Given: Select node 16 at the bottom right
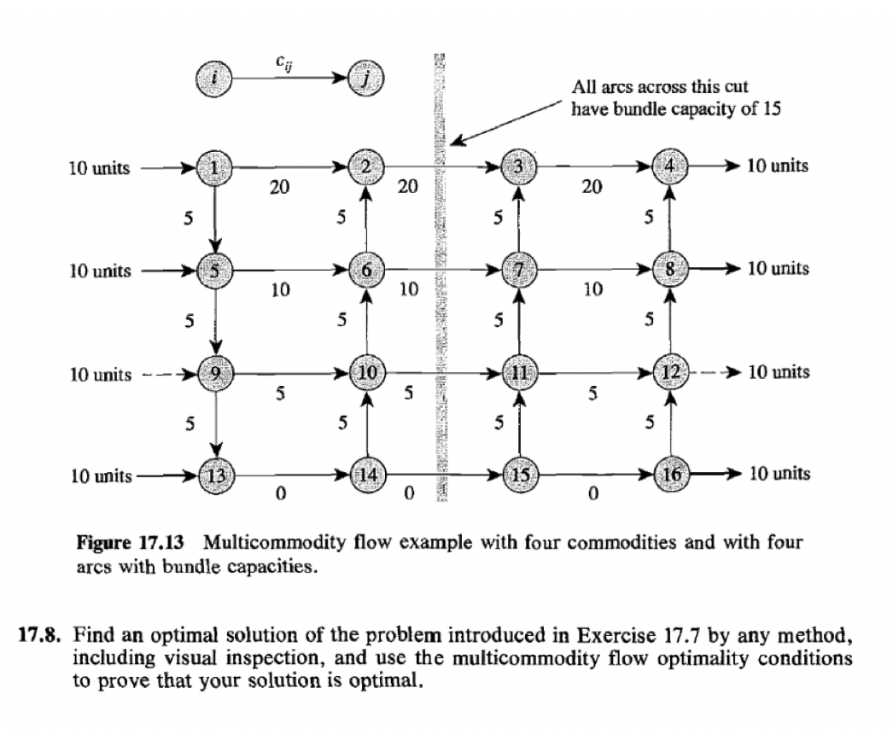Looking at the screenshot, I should pyautogui.click(x=670, y=473).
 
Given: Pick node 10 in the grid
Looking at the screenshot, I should pyautogui.click(x=366, y=372).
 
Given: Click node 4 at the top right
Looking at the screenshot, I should pyautogui.click(x=670, y=166).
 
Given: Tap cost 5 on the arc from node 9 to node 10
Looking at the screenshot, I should pyautogui.click(x=279, y=393).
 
